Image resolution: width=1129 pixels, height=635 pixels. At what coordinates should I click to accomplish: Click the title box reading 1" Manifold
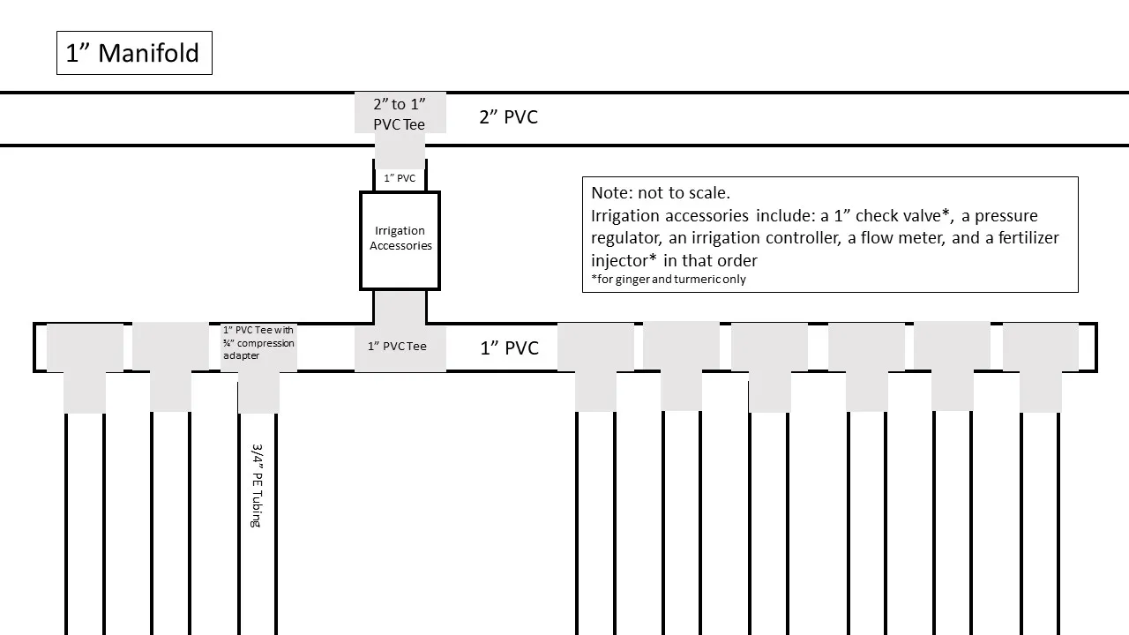coord(134,53)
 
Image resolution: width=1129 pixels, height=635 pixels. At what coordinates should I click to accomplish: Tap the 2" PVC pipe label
coord(508,117)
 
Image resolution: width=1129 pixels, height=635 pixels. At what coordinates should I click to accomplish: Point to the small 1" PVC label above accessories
coord(400,178)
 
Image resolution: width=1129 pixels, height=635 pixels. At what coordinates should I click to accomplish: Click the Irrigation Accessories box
coord(400,239)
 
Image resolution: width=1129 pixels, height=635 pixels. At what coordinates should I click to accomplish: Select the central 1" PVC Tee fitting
coord(398,347)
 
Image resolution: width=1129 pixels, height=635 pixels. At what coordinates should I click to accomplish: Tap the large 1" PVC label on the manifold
coord(509,347)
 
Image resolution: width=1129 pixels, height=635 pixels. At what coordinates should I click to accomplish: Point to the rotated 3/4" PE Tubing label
coord(258,485)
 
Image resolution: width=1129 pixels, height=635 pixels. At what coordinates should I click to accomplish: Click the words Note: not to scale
coord(661,193)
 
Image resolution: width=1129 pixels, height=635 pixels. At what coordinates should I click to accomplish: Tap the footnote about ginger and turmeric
coord(669,280)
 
